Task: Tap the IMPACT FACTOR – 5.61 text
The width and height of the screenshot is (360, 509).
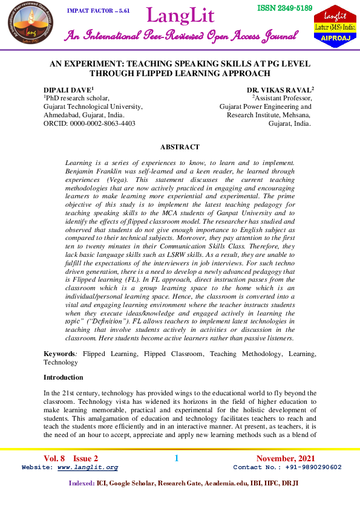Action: point(98,11)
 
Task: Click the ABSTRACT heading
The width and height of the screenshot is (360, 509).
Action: point(180,147)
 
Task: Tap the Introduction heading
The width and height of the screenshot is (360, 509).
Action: point(63,377)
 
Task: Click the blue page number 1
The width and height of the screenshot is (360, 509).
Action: point(177,458)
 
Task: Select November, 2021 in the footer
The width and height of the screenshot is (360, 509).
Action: point(286,458)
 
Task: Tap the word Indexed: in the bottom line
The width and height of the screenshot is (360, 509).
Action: point(81,483)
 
